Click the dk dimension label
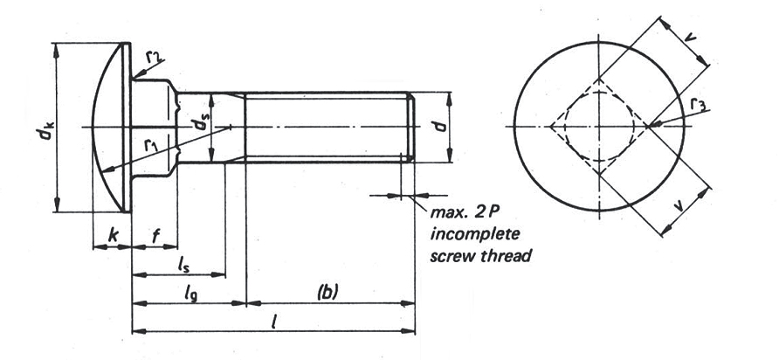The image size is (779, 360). [x=47, y=128]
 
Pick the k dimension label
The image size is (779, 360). [x=114, y=236]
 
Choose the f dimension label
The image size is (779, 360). [x=155, y=237]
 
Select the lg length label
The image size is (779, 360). [x=190, y=294]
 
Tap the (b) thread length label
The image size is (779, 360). [x=327, y=293]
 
